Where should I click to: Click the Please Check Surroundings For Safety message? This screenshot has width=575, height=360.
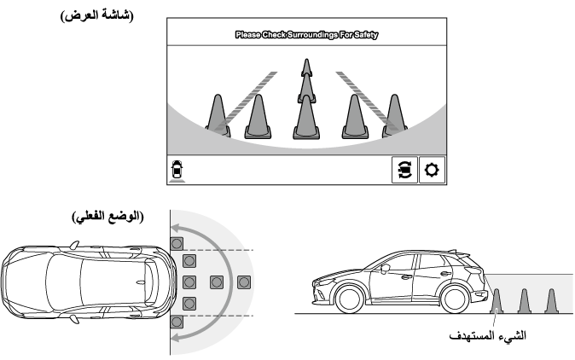(306, 36)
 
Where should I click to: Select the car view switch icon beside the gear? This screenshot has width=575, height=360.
(404, 170)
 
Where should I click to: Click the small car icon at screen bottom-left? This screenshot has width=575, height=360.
(177, 169)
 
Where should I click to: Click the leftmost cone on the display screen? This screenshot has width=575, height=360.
(217, 115)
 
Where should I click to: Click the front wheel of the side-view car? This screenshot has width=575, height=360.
(349, 298)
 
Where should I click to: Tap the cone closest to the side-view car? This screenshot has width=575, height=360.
(497, 300)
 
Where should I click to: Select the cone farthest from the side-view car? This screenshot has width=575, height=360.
(551, 300)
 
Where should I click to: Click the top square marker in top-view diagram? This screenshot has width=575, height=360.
(177, 243)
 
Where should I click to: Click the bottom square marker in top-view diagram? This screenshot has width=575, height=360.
(177, 322)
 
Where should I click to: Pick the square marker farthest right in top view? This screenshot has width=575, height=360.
(244, 282)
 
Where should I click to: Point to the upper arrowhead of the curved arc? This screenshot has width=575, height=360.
(172, 227)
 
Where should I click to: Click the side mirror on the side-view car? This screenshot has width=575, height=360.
(386, 269)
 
